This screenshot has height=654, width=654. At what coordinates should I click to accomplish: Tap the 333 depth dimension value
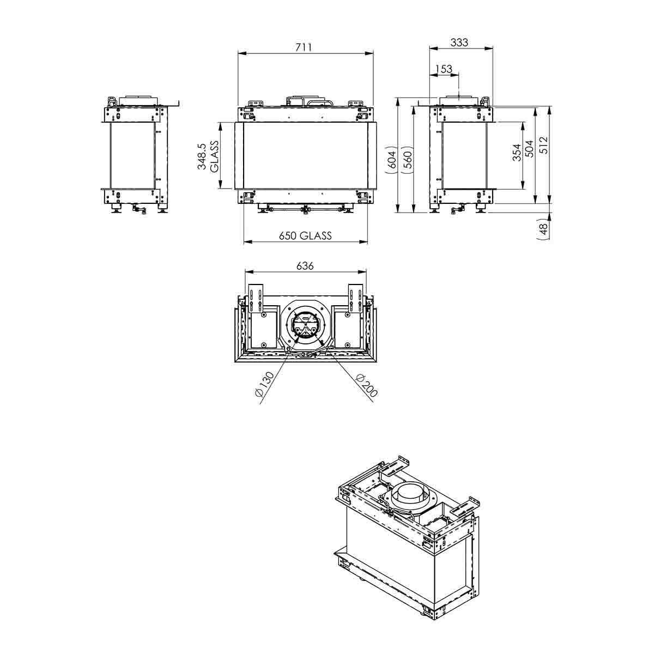pos(459,42)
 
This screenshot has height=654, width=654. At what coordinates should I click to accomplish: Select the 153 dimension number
pos(444,69)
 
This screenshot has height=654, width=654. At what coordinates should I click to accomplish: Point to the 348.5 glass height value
pos(202,156)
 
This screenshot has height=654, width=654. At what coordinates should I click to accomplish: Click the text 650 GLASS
pos(305,235)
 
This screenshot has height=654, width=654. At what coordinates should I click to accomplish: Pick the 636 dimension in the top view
pos(305,266)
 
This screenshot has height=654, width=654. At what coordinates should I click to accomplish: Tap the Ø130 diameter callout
pos(264,385)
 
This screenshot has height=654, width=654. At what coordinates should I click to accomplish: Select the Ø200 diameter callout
pos(367,386)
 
